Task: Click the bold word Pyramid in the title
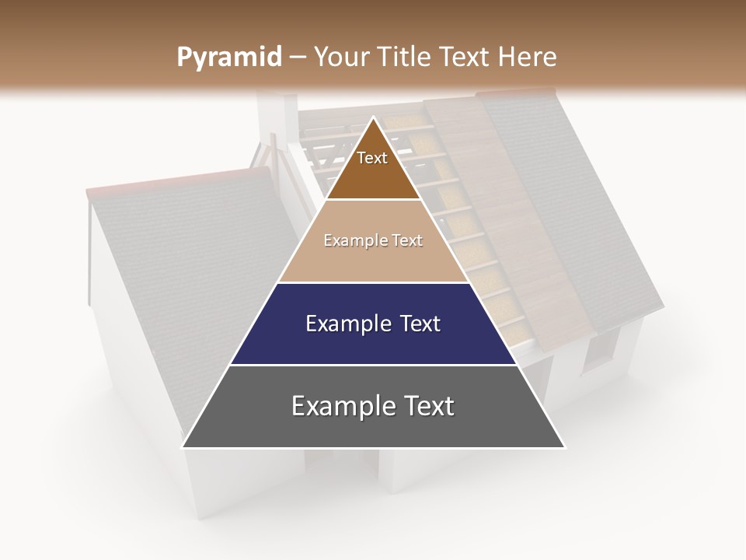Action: [228, 58]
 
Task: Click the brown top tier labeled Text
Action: [372, 167]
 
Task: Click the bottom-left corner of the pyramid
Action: [183, 446]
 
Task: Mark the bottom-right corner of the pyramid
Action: [563, 446]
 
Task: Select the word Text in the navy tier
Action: [414, 324]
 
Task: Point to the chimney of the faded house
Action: [274, 117]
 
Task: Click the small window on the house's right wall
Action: [598, 350]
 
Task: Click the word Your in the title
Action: [339, 58]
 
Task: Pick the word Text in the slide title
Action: [465, 58]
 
